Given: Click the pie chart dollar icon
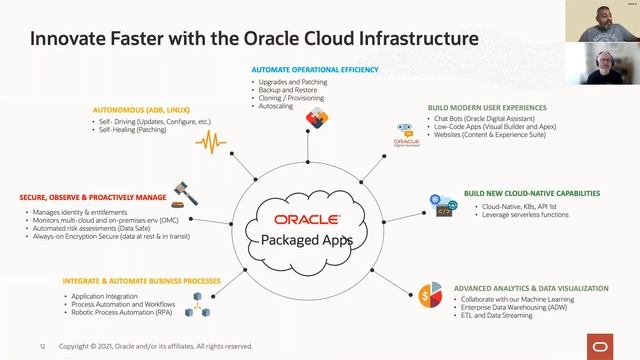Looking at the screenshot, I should coord(431,295).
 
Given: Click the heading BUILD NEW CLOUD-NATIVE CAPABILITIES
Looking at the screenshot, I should coord(531,192).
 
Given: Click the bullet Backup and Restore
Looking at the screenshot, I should coord(289,90).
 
